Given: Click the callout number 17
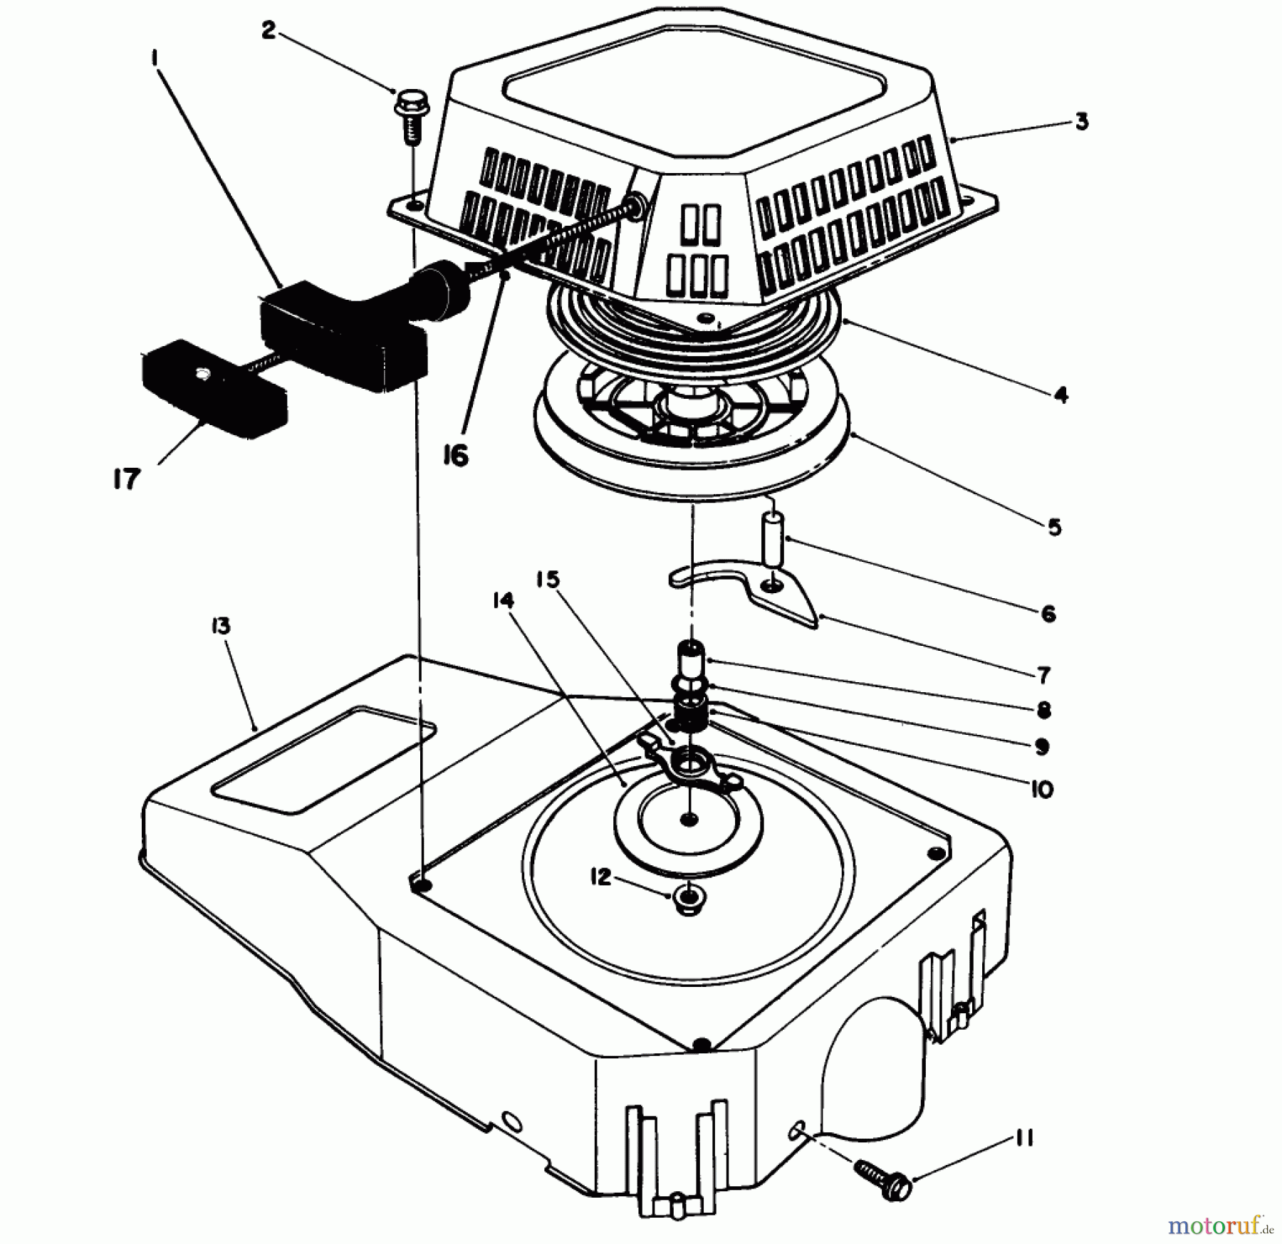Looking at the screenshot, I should pyautogui.click(x=125, y=479).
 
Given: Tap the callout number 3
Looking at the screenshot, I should pyautogui.click(x=1081, y=122).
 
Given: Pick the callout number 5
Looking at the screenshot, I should pyautogui.click(x=1054, y=528).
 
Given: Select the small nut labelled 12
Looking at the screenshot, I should pyautogui.click(x=688, y=902).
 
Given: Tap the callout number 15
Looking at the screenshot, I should pyautogui.click(x=548, y=580).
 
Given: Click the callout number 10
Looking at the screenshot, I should pyautogui.click(x=1041, y=789).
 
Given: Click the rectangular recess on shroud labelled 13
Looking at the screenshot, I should pyautogui.click(x=324, y=757).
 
